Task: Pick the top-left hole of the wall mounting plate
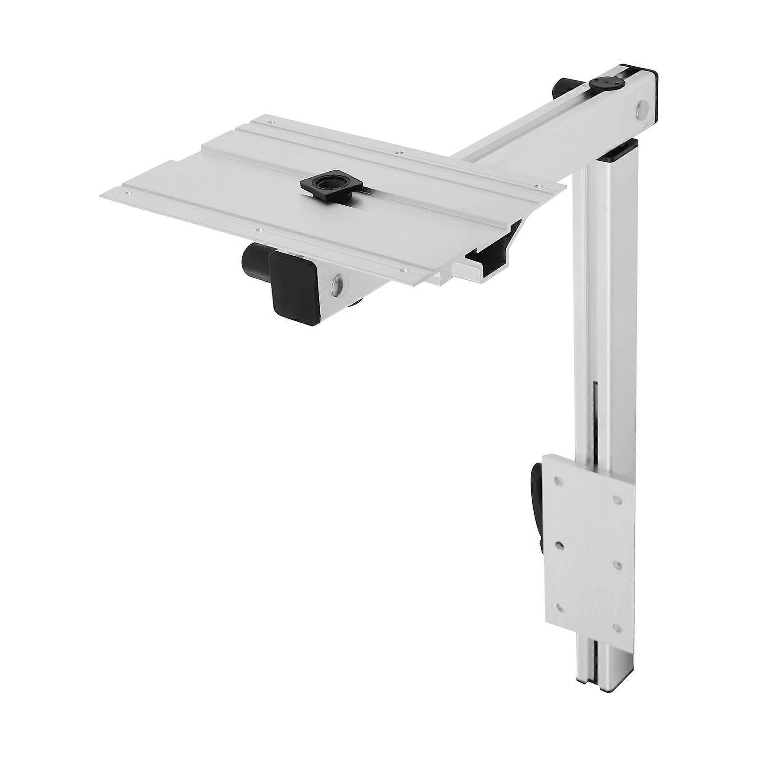(559, 481)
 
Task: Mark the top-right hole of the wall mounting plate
(617, 499)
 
